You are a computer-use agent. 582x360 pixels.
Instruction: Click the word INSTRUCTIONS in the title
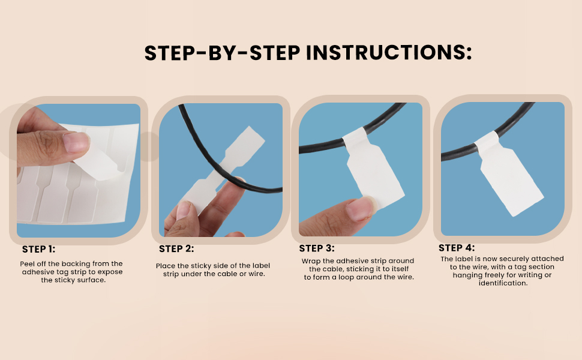389,53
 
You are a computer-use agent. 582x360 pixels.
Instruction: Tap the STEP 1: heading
38,250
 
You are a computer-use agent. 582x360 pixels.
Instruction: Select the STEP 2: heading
176,248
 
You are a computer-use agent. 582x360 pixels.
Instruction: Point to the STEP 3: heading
317,248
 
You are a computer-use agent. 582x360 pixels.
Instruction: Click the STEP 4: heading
457,248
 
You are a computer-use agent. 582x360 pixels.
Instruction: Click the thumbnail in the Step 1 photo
76,143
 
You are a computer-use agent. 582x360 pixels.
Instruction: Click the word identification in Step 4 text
503,283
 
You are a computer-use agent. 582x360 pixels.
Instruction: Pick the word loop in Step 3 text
346,277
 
